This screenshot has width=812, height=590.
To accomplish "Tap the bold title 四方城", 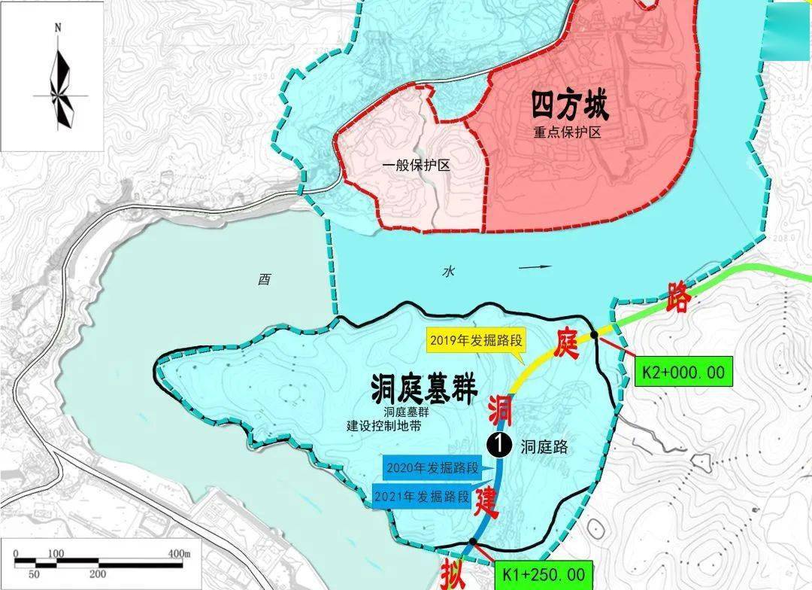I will tap(570, 105).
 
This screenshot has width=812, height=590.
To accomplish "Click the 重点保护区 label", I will tap(570, 132).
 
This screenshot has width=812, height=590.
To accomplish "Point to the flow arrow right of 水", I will tap(535, 267).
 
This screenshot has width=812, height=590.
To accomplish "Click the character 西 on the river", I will tap(264, 280).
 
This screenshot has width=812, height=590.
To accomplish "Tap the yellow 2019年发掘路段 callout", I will tap(475, 340).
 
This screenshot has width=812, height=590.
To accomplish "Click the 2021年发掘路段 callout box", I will tap(423, 496).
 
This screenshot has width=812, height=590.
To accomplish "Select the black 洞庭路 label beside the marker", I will tap(544, 447).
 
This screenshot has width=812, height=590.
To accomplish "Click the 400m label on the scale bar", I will tap(179, 555).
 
